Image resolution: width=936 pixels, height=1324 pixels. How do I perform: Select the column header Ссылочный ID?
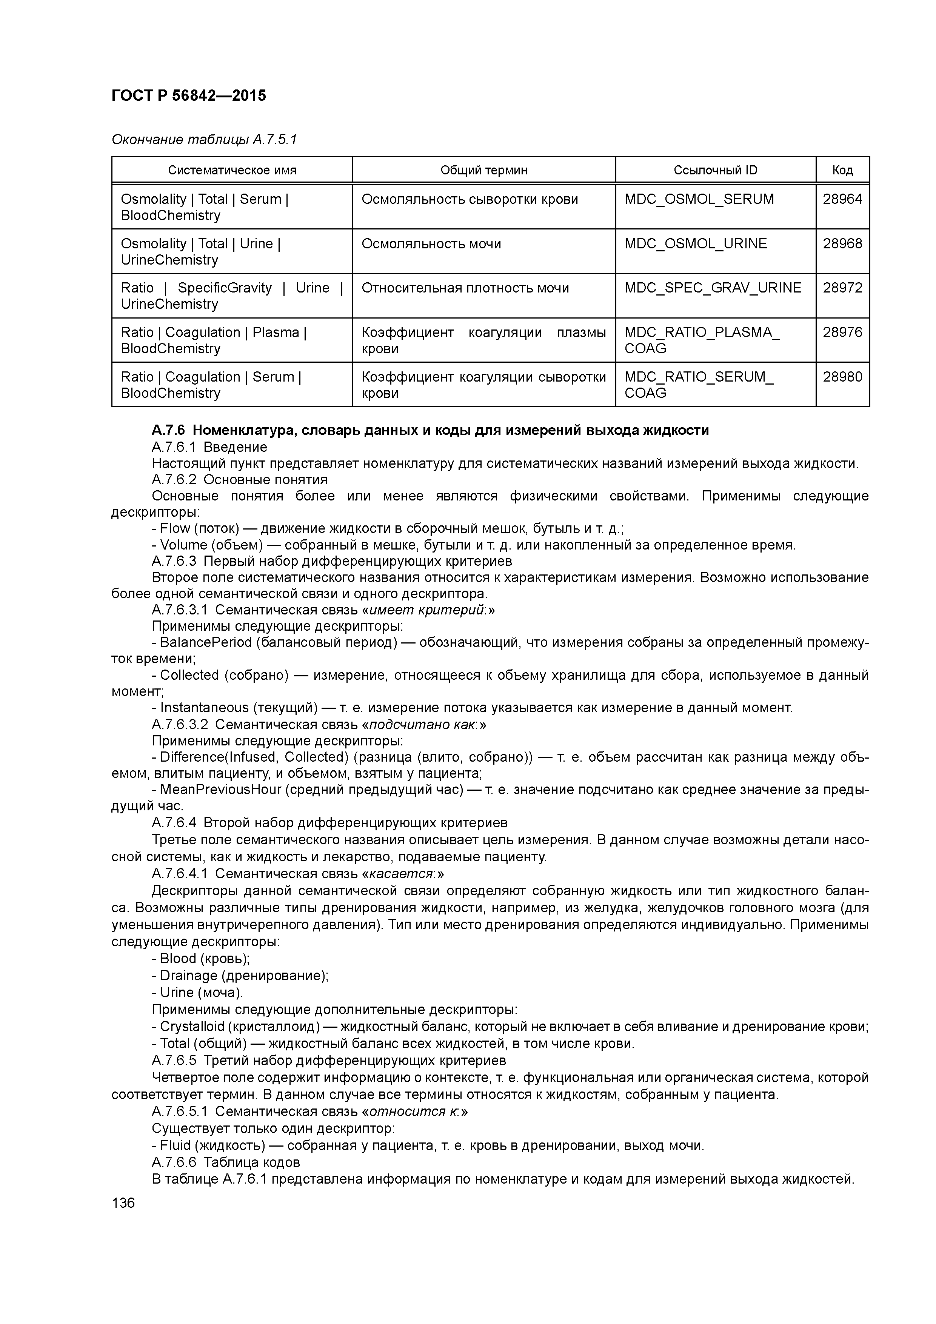[715, 170]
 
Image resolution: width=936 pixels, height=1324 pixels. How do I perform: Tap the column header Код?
[842, 170]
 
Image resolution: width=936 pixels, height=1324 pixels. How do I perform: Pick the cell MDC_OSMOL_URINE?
[696, 243]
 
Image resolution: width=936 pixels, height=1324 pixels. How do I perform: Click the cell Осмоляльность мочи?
[431, 243]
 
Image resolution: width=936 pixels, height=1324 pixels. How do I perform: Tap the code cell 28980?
[842, 377]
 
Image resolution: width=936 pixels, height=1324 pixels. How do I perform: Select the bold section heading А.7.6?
[430, 430]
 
